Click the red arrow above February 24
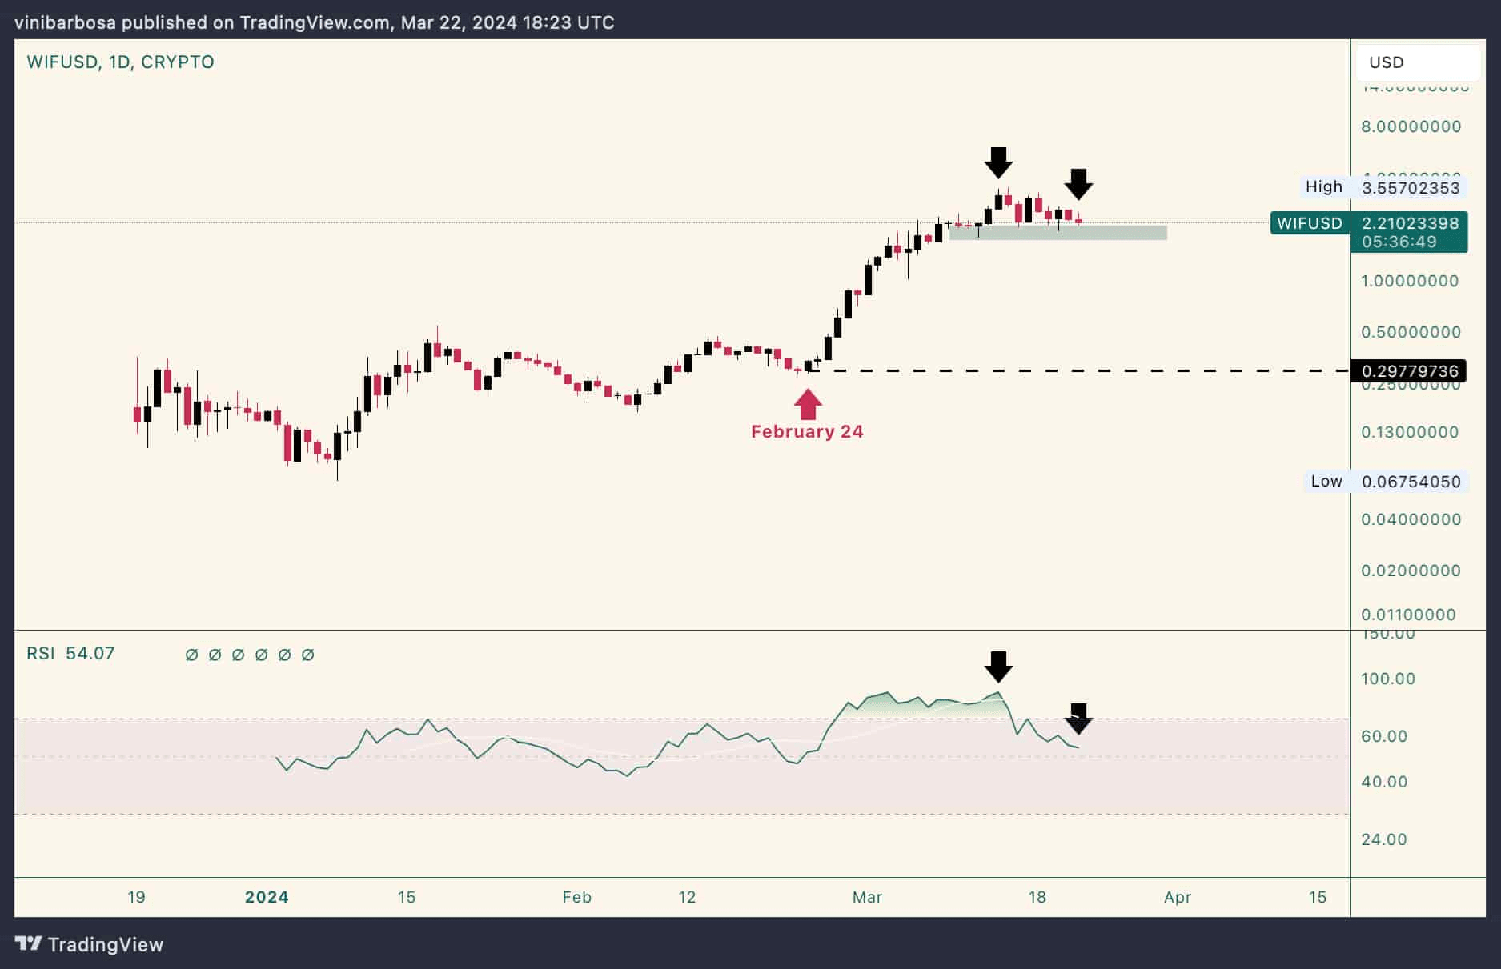click(808, 404)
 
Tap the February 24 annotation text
click(807, 432)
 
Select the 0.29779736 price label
click(1409, 371)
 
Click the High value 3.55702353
click(1411, 188)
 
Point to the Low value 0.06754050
click(1411, 482)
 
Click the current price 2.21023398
click(1410, 223)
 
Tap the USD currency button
click(1417, 62)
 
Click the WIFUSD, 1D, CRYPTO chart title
click(120, 62)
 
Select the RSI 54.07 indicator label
click(70, 654)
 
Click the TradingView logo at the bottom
click(89, 944)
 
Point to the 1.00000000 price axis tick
click(1410, 281)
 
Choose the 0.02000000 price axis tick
click(1411, 571)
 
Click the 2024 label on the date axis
click(267, 897)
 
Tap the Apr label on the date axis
click(1178, 897)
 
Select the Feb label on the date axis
click(576, 897)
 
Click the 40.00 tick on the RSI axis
click(1384, 782)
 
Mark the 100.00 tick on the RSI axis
click(1388, 679)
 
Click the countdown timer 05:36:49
click(1399, 242)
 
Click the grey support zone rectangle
click(1058, 233)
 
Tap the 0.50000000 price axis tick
click(1411, 332)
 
